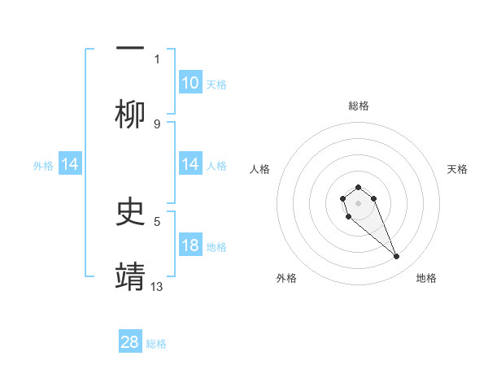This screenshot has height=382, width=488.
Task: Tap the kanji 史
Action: point(130,212)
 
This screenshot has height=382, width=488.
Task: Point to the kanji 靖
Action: point(130,276)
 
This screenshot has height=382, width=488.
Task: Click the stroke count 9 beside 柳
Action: point(157,124)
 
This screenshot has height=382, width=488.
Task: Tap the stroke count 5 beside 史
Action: point(157,220)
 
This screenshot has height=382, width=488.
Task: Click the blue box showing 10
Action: point(190,83)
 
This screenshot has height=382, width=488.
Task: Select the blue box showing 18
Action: point(190,245)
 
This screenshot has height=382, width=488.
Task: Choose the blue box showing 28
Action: point(130,342)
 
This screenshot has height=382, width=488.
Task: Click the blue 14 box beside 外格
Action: point(70,165)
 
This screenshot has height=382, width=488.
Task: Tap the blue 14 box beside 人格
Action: point(190,165)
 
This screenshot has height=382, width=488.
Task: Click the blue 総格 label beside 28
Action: point(156,344)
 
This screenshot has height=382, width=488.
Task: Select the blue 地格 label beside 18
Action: point(216,247)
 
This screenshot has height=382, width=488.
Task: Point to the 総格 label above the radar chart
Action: point(358,106)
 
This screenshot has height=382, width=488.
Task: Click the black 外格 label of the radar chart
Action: point(286,278)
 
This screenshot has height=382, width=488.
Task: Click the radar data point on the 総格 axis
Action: point(358,188)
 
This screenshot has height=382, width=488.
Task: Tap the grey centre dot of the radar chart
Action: point(358,202)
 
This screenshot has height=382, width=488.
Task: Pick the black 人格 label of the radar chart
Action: point(260,169)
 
